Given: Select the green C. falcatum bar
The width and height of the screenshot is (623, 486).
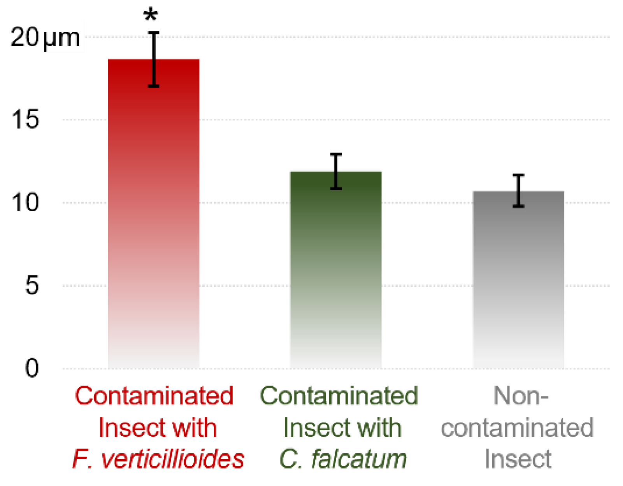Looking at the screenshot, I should [335, 272].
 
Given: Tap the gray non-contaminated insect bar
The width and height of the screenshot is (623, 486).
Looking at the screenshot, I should [518, 280].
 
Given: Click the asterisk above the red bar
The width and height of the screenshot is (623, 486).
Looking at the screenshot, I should [151, 16].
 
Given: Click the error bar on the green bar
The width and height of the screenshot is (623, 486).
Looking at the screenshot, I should [336, 172].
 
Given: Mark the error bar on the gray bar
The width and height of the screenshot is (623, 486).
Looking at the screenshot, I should [518, 191].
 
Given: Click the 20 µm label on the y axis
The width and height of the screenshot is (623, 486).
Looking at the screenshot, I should [45, 38].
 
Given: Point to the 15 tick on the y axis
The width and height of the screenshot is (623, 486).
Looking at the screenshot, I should [26, 119].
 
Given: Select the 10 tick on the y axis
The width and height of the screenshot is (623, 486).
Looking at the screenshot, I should [26, 203].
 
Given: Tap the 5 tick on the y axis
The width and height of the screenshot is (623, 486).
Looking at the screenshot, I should [32, 285].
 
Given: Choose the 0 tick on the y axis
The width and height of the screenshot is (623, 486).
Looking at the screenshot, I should [32, 368].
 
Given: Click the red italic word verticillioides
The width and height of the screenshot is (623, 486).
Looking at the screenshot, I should [172, 459].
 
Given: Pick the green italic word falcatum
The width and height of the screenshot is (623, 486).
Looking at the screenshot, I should [358, 459].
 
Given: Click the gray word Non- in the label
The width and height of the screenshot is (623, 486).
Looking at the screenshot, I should [521, 396].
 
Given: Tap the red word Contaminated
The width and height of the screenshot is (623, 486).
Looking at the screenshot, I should [154, 396].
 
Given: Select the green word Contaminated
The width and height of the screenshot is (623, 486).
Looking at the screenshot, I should [339, 396].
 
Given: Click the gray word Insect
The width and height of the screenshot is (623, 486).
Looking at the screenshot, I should [518, 459].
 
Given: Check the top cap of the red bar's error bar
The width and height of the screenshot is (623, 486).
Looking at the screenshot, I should [154, 33].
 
